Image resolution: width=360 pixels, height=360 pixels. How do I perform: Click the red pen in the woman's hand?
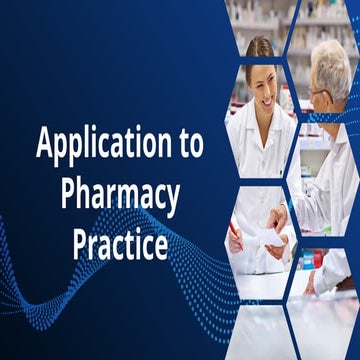[236, 236]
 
